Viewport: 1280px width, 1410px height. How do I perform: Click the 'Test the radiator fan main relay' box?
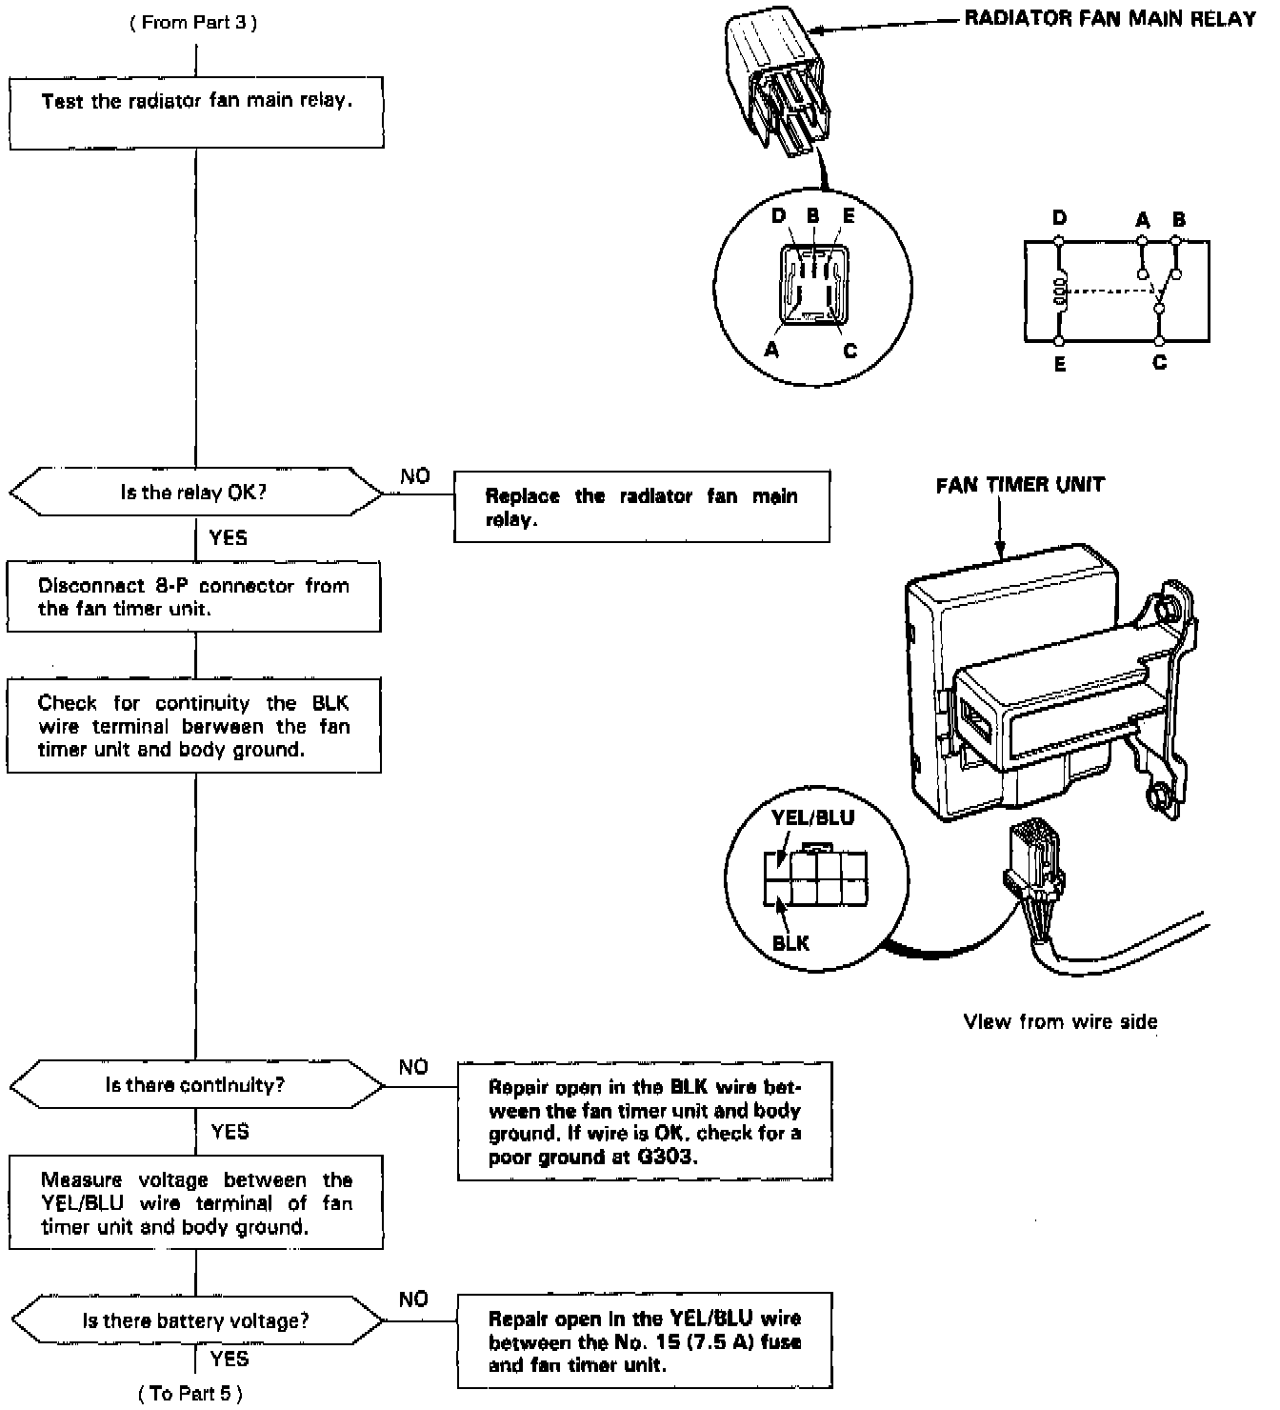point(196,113)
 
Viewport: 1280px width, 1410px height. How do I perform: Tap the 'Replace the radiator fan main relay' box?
point(641,507)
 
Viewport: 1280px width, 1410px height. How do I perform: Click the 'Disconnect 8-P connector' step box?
point(193,597)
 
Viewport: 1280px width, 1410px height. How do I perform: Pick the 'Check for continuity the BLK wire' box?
point(193,726)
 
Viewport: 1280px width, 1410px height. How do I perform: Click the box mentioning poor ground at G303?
point(645,1122)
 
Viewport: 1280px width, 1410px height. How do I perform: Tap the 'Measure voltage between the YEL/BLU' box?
point(196,1203)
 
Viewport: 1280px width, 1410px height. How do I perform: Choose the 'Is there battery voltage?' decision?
point(195,1321)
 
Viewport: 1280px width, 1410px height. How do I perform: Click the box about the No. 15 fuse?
point(645,1341)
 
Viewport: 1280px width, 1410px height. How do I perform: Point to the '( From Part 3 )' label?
point(193,23)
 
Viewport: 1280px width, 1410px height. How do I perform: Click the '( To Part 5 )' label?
point(190,1394)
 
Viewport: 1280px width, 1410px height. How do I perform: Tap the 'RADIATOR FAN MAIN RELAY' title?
point(1110,19)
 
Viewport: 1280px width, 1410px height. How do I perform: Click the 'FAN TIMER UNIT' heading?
point(1020,485)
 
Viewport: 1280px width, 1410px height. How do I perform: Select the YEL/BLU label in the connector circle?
point(812,817)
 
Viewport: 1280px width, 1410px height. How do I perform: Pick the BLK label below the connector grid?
point(790,943)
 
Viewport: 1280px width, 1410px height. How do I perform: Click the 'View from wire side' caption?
point(1060,1022)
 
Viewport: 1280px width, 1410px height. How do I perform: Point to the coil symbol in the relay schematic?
point(1058,294)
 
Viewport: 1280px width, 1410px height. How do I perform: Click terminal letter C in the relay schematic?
point(1159,363)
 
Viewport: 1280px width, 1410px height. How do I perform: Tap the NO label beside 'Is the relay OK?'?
point(414,476)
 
